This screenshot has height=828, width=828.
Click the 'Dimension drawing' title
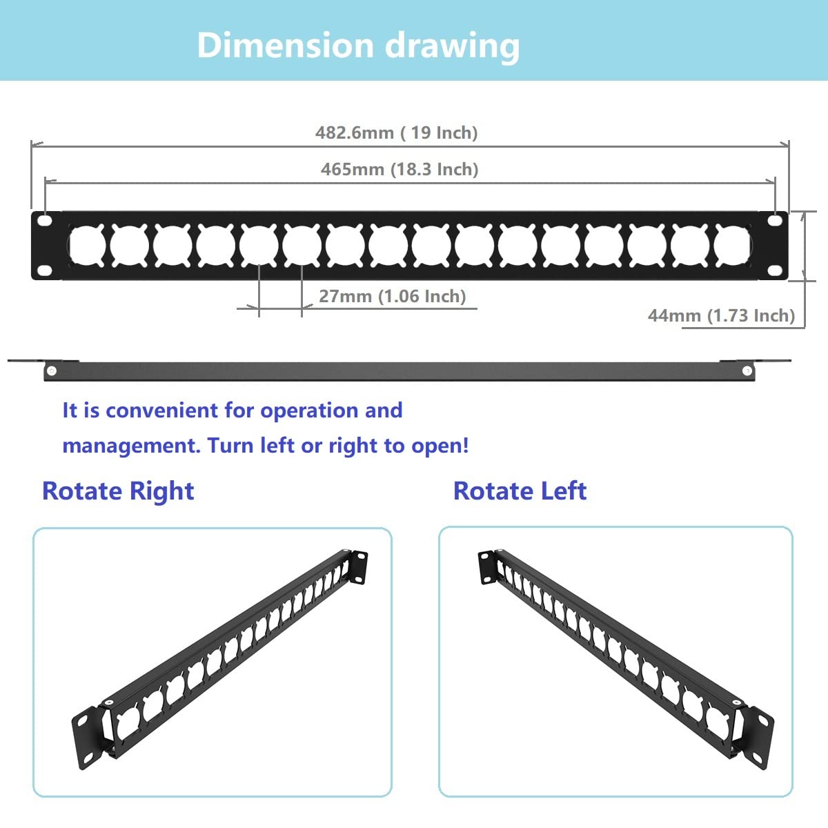pos(358,46)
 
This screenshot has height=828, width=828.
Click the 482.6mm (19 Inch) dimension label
pos(396,132)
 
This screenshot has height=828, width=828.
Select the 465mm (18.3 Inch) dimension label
pos(400,169)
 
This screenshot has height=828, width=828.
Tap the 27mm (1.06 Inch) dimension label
pos(392,296)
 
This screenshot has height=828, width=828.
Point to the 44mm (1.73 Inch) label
pos(721,315)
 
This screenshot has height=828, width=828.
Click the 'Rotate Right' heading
pos(118,491)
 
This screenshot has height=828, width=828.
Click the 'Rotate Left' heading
pos(520,491)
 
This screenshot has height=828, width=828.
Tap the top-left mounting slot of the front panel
pos(45,221)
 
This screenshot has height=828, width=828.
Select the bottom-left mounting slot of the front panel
pos(45,270)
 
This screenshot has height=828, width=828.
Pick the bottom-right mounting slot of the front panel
pos(775,270)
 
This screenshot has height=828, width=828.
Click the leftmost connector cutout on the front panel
pos(87,246)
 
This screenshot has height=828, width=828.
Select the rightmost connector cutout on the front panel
pos(732,246)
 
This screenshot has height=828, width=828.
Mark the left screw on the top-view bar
pos(51,371)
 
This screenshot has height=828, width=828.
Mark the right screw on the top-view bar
pos(747,371)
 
